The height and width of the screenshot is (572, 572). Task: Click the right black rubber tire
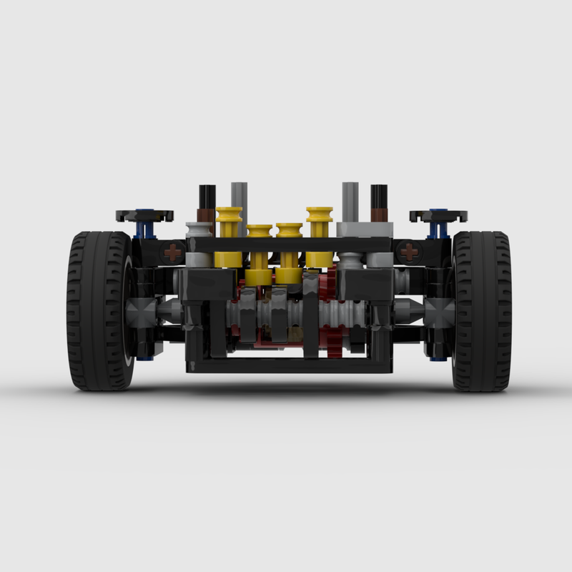pos(483,311)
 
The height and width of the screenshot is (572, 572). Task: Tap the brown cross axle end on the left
pos(172,252)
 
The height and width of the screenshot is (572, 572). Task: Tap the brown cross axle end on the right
pos(408,252)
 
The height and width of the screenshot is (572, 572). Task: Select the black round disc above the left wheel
pos(145,214)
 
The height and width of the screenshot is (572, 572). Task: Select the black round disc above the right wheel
pos(438,214)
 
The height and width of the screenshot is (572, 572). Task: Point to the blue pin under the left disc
pos(147,230)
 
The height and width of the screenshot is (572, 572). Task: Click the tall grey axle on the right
pos(350,200)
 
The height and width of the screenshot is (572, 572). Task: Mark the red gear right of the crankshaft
pos(331,286)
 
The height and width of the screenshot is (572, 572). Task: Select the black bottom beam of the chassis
pos(290,365)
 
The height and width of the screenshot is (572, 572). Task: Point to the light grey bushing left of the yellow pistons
pos(199,230)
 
